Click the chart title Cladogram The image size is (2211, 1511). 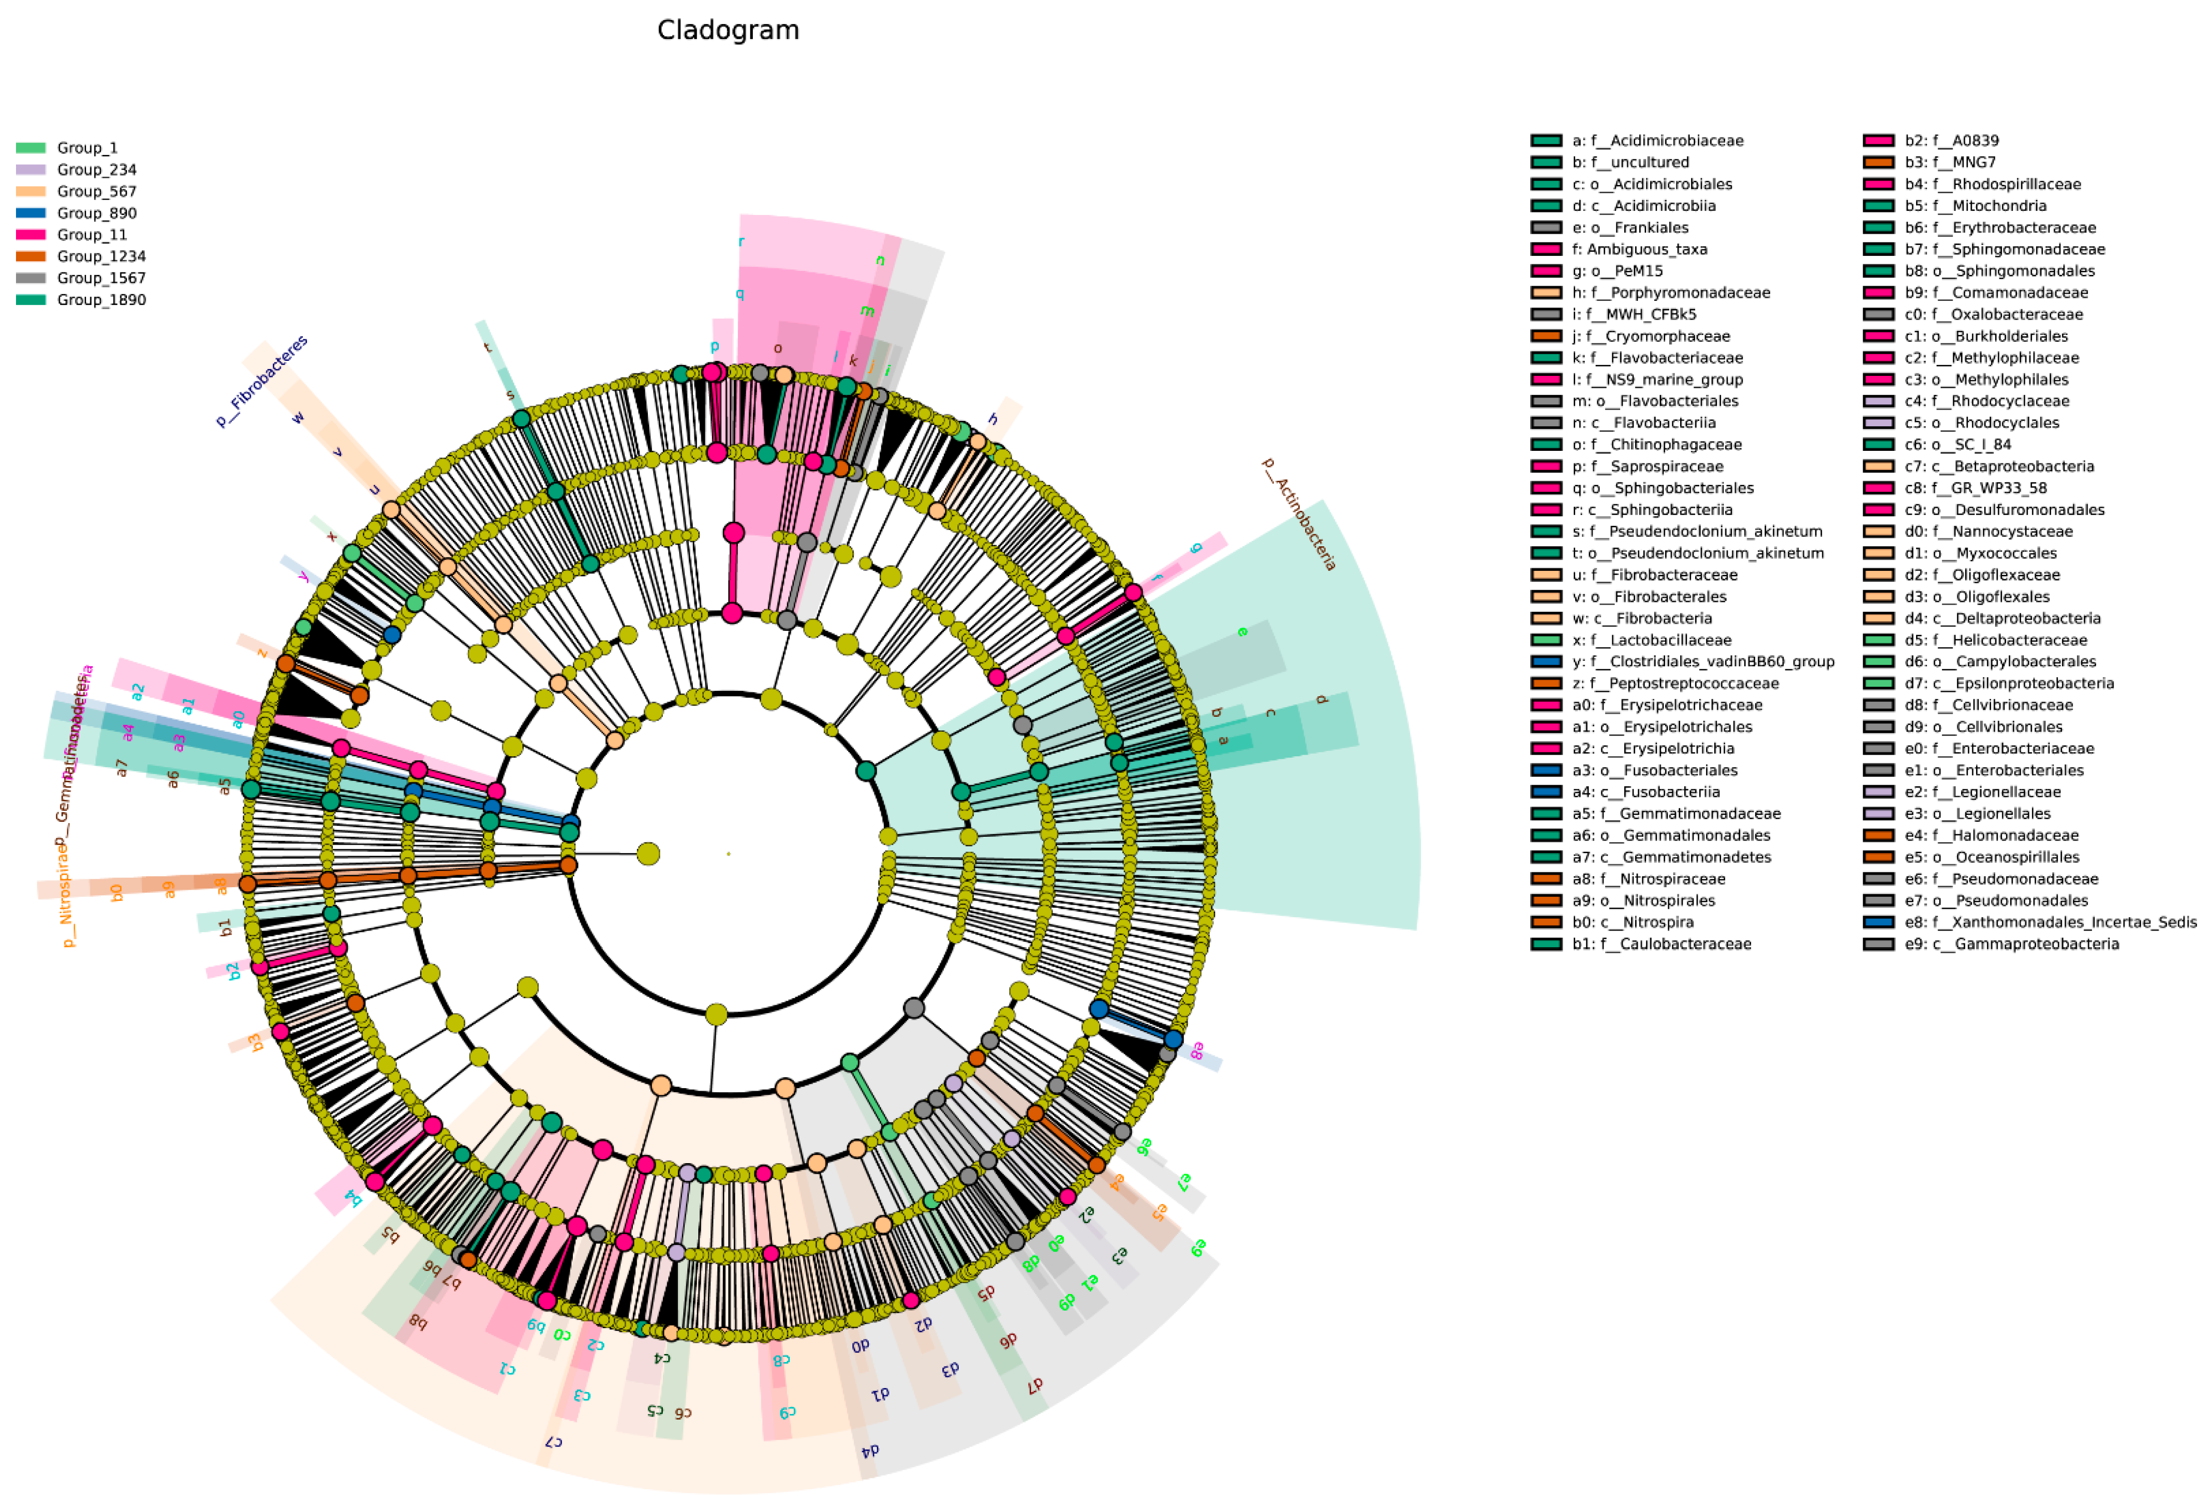coord(728,30)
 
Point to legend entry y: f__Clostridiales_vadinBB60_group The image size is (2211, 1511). coord(1703,661)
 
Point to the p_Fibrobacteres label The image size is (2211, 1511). coord(261,380)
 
